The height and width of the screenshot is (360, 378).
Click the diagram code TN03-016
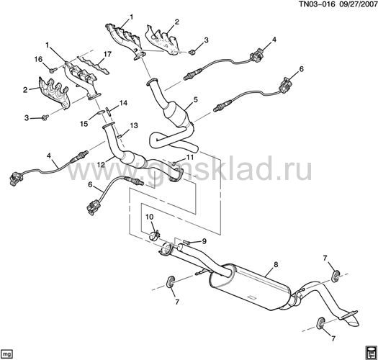pyautogui.click(x=318, y=4)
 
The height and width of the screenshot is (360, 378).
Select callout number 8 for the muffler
pyautogui.click(x=276, y=264)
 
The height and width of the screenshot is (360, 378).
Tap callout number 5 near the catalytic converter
pyautogui.click(x=195, y=99)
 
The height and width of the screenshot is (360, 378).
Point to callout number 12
pyautogui.click(x=102, y=165)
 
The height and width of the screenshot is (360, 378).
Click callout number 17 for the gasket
pyautogui.click(x=107, y=55)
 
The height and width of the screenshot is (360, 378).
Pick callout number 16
pyautogui.click(x=38, y=59)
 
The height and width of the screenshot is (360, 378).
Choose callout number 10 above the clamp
pyautogui.click(x=149, y=217)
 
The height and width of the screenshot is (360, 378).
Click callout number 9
pyautogui.click(x=204, y=241)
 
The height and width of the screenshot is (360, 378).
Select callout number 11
pyautogui.click(x=190, y=158)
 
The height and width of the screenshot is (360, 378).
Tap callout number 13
pyautogui.click(x=134, y=125)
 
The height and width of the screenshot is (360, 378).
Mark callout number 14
pyautogui.click(x=123, y=103)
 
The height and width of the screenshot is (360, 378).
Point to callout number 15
pyautogui.click(x=84, y=124)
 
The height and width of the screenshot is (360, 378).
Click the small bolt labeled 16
pyautogui.click(x=53, y=70)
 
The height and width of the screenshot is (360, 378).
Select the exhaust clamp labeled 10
pyautogui.click(x=154, y=235)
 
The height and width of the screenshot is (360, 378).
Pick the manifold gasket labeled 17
pyautogui.click(x=94, y=65)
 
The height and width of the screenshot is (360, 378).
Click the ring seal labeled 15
pyautogui.click(x=101, y=112)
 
